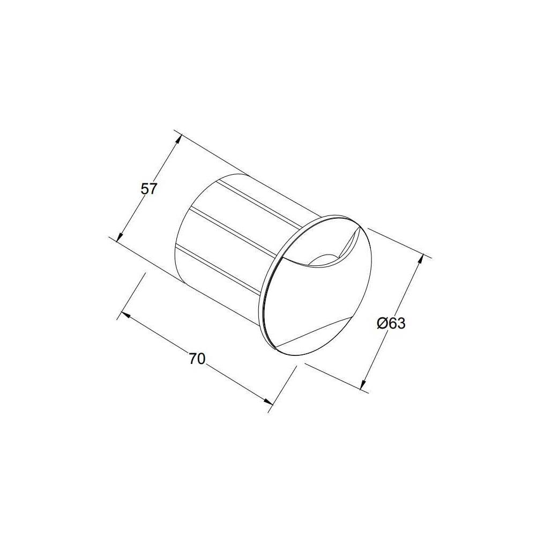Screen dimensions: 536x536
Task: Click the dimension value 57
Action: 148,189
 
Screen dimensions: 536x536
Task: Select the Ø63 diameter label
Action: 391,324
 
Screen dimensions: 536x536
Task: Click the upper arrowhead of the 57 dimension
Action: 177,139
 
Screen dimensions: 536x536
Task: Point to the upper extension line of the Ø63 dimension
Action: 397,241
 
